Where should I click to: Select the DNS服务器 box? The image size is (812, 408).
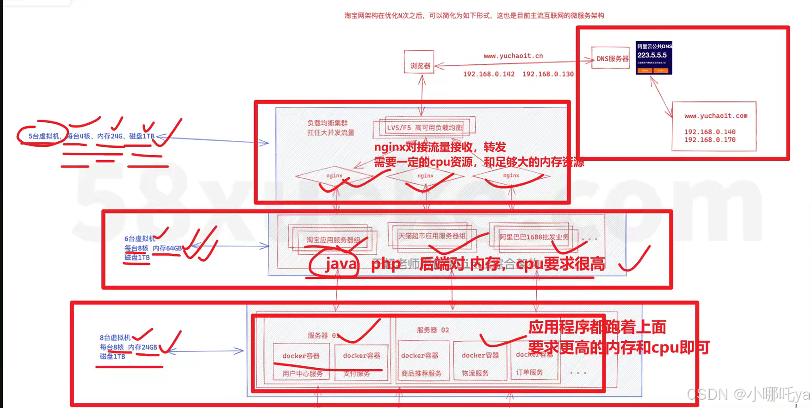611,58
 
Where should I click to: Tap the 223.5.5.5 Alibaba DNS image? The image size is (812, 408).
654,57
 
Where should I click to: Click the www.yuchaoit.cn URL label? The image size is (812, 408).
513,56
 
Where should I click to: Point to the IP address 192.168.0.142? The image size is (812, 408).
489,74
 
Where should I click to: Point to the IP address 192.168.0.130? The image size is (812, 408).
548,74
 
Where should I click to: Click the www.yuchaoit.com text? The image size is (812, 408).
716,116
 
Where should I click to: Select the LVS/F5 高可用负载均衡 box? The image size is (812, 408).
424,127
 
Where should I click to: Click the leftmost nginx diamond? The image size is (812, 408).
334,176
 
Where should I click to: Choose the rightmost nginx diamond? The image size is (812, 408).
511,176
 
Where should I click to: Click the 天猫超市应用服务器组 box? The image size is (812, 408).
432,236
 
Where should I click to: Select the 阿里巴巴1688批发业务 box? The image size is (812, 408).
534,237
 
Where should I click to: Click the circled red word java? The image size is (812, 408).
341,264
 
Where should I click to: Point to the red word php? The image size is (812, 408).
385,264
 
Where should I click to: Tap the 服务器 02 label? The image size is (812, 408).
433,330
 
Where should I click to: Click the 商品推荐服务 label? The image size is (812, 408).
421,373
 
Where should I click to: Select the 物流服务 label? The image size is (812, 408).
475,373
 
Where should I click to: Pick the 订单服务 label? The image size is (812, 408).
529,372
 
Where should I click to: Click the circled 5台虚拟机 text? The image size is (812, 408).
44,136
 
